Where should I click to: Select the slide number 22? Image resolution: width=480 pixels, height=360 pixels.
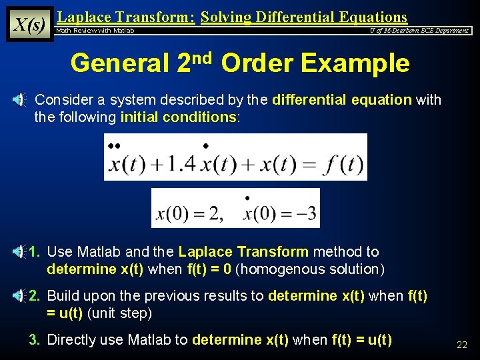click(461, 345)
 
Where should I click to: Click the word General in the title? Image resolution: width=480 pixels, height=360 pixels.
click(119, 63)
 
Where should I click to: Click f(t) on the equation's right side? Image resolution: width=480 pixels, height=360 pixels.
click(342, 163)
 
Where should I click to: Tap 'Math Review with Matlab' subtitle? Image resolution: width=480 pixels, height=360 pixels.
click(95, 31)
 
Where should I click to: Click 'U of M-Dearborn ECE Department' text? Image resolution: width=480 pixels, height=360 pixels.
click(419, 31)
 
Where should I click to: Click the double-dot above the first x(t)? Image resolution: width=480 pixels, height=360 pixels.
click(114, 145)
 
